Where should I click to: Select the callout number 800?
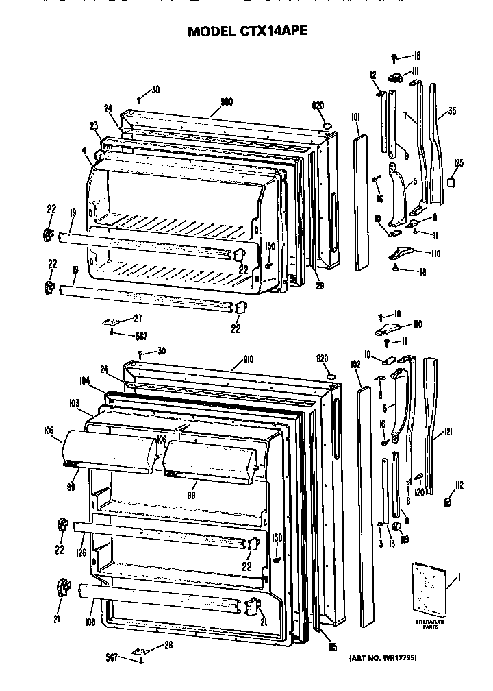click(x=226, y=102)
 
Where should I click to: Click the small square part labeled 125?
click(x=451, y=183)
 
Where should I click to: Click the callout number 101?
click(x=356, y=119)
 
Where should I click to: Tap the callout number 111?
click(x=415, y=71)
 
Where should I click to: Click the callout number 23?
click(x=94, y=125)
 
